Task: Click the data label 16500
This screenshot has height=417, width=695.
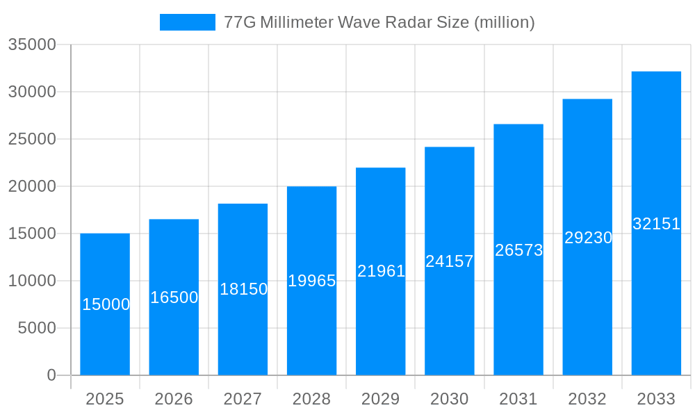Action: [x=174, y=297]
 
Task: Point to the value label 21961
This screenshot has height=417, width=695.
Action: [x=381, y=271]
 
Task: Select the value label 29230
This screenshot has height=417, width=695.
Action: [x=588, y=238]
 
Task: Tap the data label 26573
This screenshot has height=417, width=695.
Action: [x=518, y=250]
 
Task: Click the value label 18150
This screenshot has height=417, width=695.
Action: [x=243, y=289]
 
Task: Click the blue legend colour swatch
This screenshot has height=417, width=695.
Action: [x=188, y=22]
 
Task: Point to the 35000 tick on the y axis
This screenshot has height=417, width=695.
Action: [x=31, y=44]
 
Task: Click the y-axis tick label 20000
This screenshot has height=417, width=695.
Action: [x=31, y=186]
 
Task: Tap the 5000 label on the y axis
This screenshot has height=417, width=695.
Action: [x=36, y=328]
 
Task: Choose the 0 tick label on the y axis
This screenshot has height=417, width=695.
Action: [x=51, y=375]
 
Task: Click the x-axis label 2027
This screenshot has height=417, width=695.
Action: [x=243, y=399]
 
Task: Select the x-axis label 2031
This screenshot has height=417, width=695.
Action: [x=518, y=399]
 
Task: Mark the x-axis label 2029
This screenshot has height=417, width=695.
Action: [x=381, y=399]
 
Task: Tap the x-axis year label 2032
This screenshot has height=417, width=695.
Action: [x=587, y=399]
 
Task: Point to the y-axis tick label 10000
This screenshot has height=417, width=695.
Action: [x=31, y=281]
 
